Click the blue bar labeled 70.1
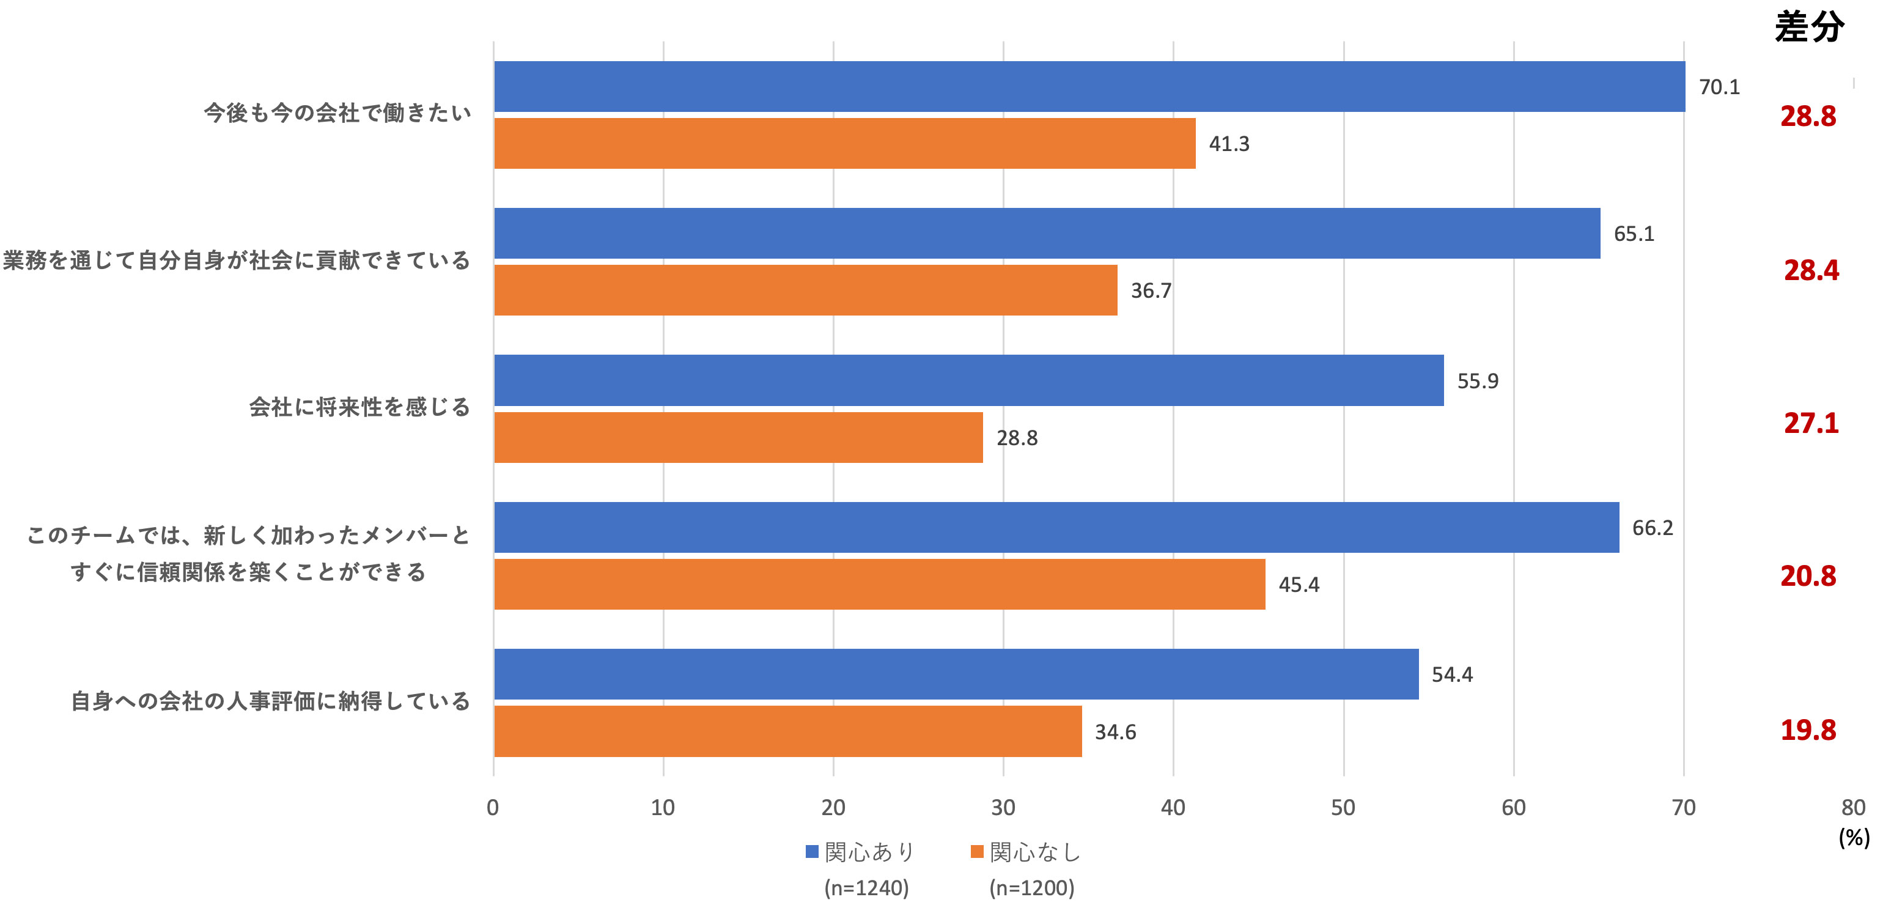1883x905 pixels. coord(1089,86)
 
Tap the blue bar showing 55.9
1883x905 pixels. coord(968,380)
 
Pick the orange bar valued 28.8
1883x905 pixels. coord(739,437)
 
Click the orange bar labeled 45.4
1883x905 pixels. coord(879,584)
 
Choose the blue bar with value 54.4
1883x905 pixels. coord(956,674)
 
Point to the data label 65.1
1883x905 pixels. coord(1634,234)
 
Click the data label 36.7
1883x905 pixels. coord(1151,291)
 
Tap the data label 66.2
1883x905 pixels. coord(1652,528)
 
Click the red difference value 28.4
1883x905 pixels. coord(1811,270)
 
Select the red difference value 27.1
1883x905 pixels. coord(1811,423)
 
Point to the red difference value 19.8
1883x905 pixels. coord(1808,730)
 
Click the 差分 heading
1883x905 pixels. coord(1809,28)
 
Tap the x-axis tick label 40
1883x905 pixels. coord(1173,808)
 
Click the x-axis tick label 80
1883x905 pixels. coord(1853,808)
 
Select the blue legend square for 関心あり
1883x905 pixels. coord(811,852)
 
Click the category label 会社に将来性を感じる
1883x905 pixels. coord(359,407)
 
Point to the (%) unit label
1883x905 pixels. coord(1854,837)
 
